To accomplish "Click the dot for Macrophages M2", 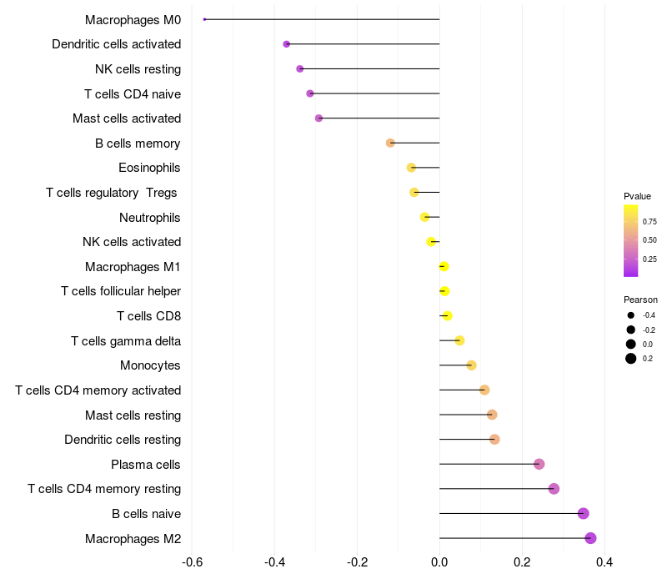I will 590,538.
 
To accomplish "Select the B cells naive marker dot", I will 583,513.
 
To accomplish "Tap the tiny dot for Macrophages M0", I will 204,19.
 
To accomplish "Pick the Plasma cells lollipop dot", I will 539,464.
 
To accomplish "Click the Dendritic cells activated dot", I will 287,44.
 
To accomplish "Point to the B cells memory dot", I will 390,143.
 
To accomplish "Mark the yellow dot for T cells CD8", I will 447,315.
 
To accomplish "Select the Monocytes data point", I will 471,365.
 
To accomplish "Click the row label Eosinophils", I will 149,168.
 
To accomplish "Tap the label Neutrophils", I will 150,218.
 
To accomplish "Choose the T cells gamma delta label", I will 126,341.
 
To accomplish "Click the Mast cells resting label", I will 133,415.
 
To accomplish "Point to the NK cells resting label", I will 138,69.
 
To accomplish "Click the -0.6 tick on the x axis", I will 192,562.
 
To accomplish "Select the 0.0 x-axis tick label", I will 439,562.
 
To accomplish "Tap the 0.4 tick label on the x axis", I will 604,562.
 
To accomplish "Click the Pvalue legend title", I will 637,196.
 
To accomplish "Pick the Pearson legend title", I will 640,300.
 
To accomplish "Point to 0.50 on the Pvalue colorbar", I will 649,240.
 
